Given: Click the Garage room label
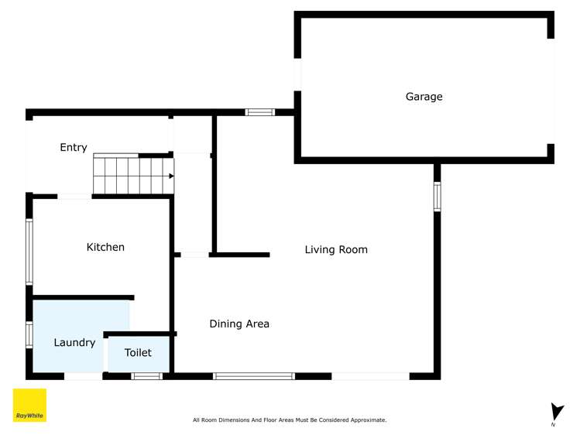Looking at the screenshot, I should pos(424,97).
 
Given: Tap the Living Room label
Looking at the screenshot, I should pos(335,249).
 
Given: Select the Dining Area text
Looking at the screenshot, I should pos(239,324).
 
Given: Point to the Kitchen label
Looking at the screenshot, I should pos(105,247).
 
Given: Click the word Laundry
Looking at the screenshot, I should pos(74,342).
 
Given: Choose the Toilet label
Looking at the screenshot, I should pos(138,352).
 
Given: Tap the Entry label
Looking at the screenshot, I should pos(74,147).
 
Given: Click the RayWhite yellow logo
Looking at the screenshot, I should pos(29,406).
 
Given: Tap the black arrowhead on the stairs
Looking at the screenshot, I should pos(171,176).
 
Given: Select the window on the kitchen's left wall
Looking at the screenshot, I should pos(29,252).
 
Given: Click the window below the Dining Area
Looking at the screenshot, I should pos(254,376).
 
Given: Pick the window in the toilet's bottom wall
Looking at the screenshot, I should pos(146,376).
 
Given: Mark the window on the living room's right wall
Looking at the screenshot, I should pos(437,197).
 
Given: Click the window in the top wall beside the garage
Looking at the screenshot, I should pos(260,112).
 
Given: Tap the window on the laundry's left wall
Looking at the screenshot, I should pos(29,334).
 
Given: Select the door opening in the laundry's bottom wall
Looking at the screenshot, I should pos(83,376).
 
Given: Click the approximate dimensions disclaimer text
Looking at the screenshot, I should pos(290,420).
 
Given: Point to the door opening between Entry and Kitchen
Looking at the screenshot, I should pos(75,197).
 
